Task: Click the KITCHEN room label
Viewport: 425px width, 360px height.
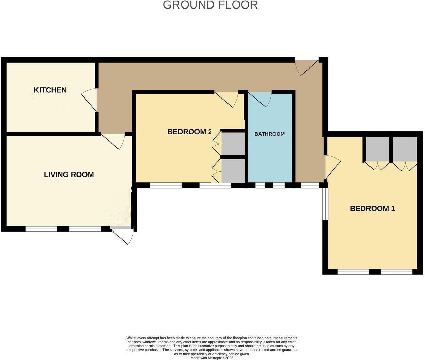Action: [x=50, y=90]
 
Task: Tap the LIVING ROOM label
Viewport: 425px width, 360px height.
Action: [x=69, y=175]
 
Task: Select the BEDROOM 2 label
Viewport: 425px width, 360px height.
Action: [x=189, y=132]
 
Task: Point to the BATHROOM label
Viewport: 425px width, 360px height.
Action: [x=269, y=134]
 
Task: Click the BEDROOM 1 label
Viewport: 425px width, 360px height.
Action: [x=373, y=208]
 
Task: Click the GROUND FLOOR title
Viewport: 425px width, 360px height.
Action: [x=210, y=5]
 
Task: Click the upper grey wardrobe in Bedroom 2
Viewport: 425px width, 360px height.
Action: [x=233, y=144]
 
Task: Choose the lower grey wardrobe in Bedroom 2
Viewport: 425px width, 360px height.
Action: [x=233, y=171]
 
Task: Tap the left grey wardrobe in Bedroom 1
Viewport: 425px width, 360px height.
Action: [x=377, y=149]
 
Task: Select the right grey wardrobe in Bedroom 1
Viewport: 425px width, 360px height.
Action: [x=405, y=149]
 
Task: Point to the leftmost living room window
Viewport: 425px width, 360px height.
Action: [x=41, y=229]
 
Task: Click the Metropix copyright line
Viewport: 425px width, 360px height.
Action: [x=212, y=358]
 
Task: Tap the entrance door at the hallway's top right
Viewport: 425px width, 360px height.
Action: [x=308, y=66]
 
